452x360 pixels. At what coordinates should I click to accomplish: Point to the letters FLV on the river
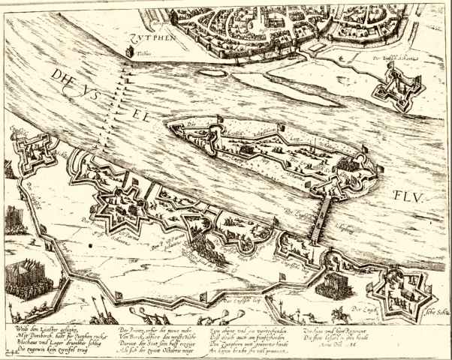click(x=408, y=197)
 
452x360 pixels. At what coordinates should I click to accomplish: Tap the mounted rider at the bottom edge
click(x=342, y=313)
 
